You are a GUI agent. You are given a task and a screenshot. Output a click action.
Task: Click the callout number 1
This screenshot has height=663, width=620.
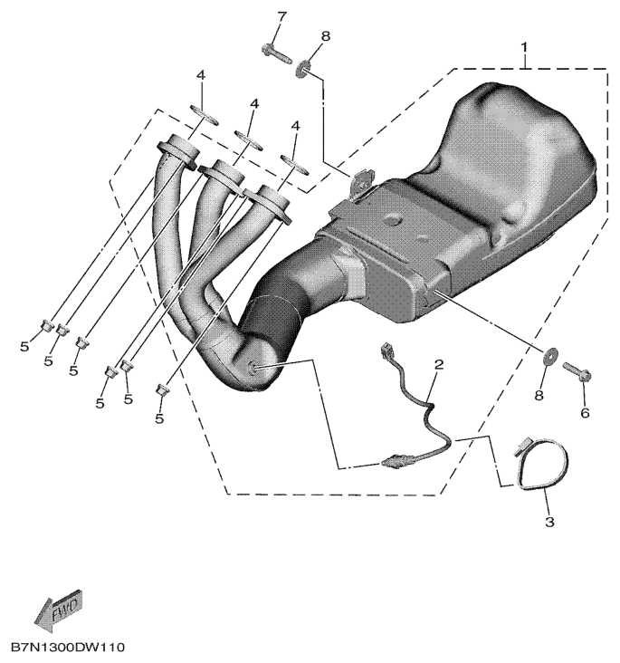point(522,43)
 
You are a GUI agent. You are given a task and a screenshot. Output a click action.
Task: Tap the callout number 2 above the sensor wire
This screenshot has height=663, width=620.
point(438,365)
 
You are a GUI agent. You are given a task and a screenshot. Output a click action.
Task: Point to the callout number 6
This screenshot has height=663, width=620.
point(584,413)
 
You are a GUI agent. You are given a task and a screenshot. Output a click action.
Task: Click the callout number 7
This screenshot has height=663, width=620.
point(281,16)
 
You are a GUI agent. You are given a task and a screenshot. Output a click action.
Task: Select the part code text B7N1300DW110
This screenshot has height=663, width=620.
point(68,649)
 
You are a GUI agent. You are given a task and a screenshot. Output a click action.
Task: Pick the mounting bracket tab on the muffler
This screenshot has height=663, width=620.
point(363,183)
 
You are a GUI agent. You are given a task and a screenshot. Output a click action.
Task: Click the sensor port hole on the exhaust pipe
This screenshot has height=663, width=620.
point(254,367)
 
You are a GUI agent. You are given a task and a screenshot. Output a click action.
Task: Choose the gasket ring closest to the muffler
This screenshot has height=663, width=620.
point(291,163)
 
